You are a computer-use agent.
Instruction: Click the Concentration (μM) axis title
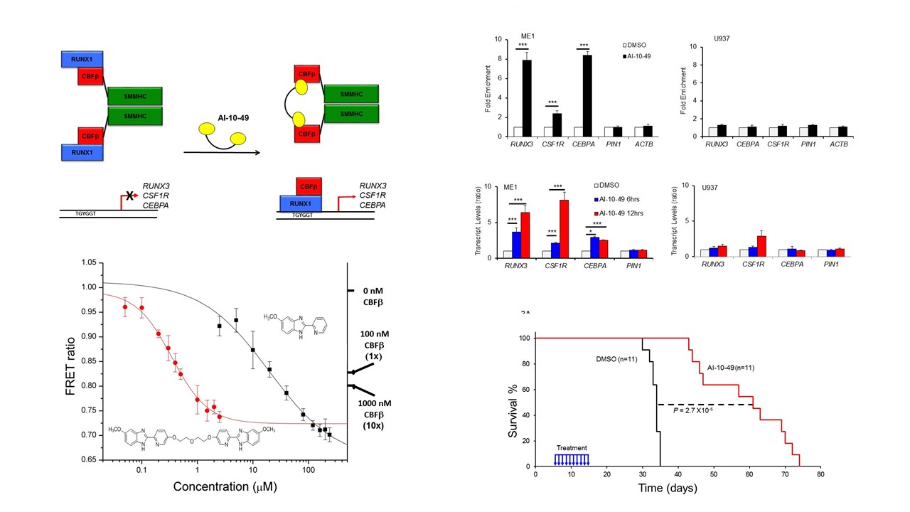pyautogui.click(x=224, y=487)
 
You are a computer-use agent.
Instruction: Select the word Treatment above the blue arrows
pyautogui.click(x=572, y=447)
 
